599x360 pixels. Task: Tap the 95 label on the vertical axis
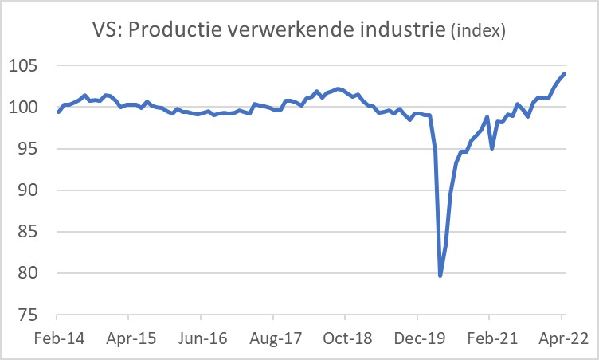[x=29, y=149]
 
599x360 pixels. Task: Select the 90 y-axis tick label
[x=29, y=190]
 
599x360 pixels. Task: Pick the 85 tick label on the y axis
[x=29, y=232]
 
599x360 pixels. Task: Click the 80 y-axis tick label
[x=29, y=273]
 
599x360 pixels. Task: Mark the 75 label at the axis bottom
[x=29, y=315]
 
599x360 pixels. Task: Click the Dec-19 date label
[x=418, y=338]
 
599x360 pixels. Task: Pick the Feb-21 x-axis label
[x=490, y=338]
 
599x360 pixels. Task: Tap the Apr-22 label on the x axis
[x=562, y=338]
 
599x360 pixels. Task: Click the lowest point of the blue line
[x=440, y=276]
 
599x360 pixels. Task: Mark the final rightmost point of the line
[x=565, y=74]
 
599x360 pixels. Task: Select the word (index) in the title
[x=478, y=32]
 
